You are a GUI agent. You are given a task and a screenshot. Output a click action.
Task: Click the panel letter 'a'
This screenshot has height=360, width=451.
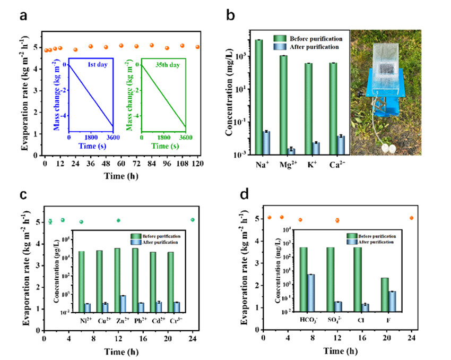click(x=24, y=15)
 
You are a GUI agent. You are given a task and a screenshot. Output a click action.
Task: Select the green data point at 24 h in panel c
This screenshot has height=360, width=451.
click(x=193, y=220)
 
